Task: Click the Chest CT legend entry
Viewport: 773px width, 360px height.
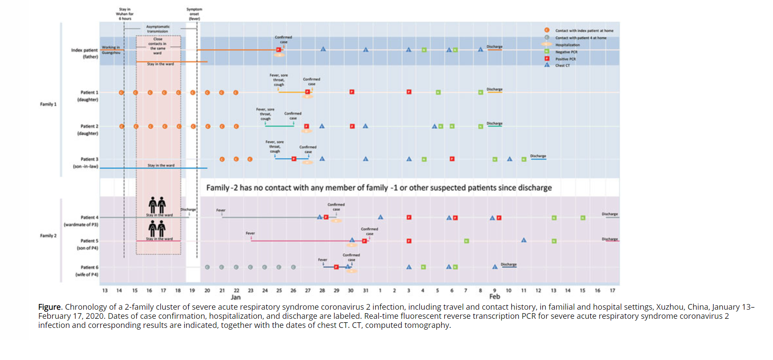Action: [x=562, y=65]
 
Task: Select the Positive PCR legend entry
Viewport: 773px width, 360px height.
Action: [x=565, y=59]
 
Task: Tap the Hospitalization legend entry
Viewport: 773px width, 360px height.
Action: [x=567, y=45]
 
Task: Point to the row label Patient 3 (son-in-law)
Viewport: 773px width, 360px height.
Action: [x=86, y=163]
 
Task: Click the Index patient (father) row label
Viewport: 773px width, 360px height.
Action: [x=85, y=53]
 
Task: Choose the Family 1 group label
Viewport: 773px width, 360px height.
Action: [x=48, y=104]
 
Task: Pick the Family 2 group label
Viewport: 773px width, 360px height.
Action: [x=48, y=236]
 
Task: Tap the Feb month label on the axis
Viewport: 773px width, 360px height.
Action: [x=495, y=297]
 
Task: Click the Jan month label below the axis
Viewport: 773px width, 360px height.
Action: [x=236, y=297]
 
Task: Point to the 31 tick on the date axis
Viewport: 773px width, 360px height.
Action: [x=366, y=291]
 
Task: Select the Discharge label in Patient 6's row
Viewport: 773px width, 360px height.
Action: [x=508, y=264]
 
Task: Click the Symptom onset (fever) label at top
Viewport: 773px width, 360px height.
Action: [x=194, y=14]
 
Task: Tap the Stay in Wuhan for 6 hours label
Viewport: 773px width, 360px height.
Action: [x=124, y=14]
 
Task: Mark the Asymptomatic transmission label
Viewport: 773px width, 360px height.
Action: [x=157, y=29]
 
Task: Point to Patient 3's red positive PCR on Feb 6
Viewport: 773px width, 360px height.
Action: [x=452, y=159]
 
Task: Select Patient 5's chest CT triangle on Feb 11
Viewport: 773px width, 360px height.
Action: [x=524, y=240]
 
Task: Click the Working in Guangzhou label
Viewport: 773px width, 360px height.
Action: [x=111, y=50]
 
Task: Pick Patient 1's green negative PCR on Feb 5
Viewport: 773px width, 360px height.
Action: [x=438, y=92]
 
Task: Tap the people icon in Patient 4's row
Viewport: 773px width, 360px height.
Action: [x=157, y=205]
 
